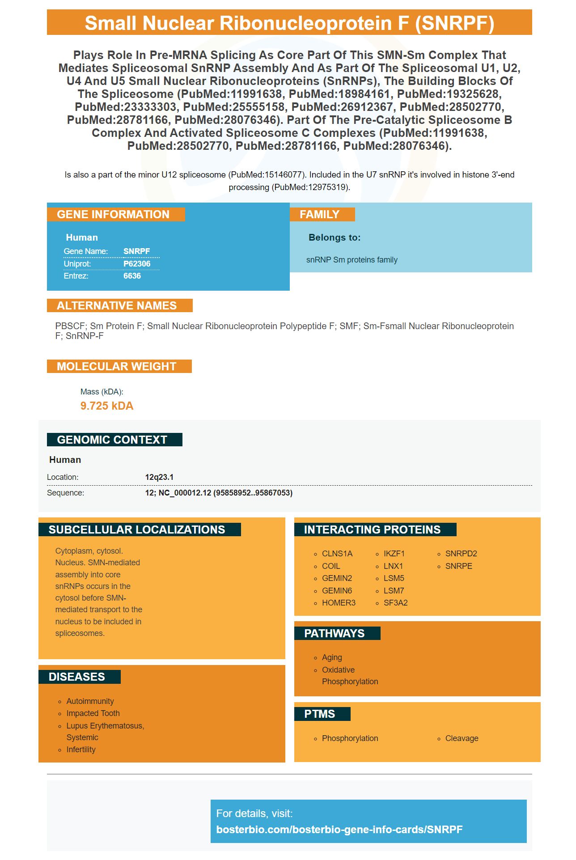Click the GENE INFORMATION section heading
[x=113, y=215]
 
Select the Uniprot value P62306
[x=137, y=264]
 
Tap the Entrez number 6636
[x=132, y=276]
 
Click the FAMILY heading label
[x=319, y=215]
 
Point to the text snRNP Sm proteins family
[x=352, y=260]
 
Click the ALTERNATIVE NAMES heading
[x=117, y=306]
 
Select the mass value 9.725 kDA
[x=107, y=406]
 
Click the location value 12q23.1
[x=159, y=477]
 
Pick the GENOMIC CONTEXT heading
[x=112, y=440]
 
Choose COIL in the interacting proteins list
[x=331, y=566]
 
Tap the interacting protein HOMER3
[x=339, y=603]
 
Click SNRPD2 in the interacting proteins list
[x=461, y=554]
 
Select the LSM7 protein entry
[x=394, y=591]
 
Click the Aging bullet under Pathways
[x=332, y=657]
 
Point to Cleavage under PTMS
[x=462, y=738]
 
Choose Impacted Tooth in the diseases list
[x=93, y=713]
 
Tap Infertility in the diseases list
[x=81, y=750]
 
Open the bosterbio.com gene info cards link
[x=339, y=830]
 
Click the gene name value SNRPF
[x=136, y=251]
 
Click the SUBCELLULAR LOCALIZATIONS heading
[x=137, y=530]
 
